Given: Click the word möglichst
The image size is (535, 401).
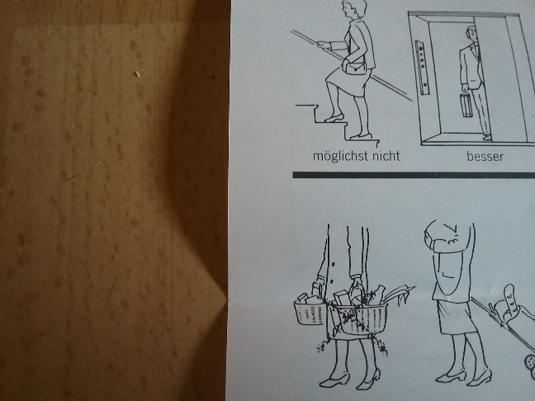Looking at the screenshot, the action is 341,157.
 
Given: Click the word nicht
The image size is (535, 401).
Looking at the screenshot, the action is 386,155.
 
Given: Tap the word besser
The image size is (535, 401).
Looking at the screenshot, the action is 485,157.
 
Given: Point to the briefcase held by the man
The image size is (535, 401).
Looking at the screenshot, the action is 466,105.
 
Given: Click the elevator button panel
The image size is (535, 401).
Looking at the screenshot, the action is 423,68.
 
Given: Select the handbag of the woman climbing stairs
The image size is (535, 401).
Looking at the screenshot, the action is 356,67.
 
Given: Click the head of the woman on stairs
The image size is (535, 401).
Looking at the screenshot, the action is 353,8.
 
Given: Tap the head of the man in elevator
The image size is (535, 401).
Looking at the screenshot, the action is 471,34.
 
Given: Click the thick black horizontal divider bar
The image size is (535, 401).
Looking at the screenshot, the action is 414,175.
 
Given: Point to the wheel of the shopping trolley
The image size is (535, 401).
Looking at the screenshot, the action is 530,362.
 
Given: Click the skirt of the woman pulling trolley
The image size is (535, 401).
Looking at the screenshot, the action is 456,316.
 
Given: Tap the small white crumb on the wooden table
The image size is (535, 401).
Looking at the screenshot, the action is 137,73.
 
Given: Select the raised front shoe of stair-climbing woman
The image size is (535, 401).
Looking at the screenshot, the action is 334,118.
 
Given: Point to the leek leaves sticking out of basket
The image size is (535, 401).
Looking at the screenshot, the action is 399,295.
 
